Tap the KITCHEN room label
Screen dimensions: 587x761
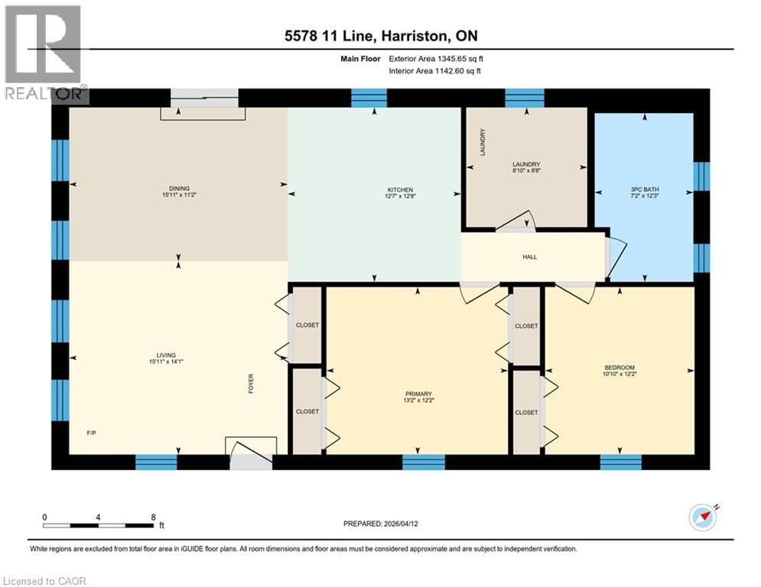399,190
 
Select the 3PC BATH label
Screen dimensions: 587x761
644,188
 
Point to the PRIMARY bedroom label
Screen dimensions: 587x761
418,394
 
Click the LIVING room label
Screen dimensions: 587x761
167,355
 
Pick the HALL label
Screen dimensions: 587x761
529,257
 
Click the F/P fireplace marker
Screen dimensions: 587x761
92,433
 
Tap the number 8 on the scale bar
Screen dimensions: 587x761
154,517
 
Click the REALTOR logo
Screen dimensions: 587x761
45,54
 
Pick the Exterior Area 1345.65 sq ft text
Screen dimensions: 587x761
434,58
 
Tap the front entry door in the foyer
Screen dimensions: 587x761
250,450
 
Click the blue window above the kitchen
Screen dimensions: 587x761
369,98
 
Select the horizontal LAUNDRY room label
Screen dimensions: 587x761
526,164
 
